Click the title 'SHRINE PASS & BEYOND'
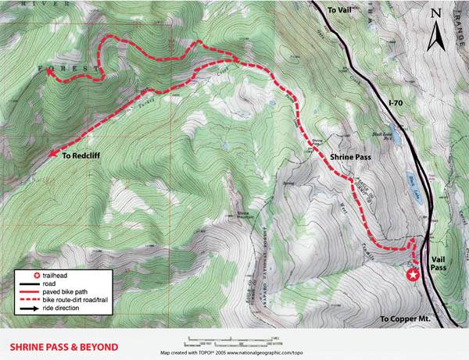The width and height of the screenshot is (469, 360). (63, 347)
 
